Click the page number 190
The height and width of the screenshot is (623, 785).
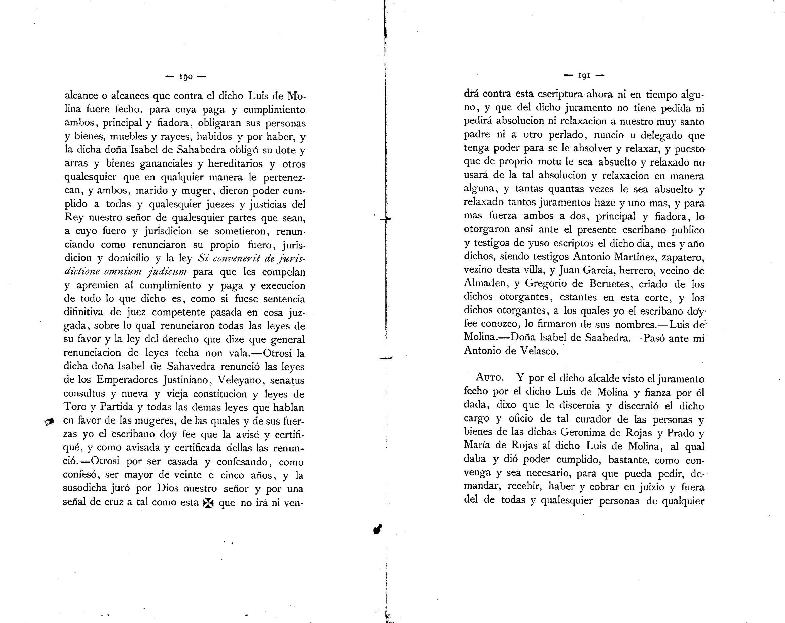tap(185, 77)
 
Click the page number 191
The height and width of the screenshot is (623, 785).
tap(584, 76)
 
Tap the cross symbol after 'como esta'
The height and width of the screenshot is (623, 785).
tap(208, 503)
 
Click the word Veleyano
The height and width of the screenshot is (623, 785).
tap(238, 380)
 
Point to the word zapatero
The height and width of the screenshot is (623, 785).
tap(683, 258)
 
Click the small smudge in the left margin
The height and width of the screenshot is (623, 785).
tap(49, 422)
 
